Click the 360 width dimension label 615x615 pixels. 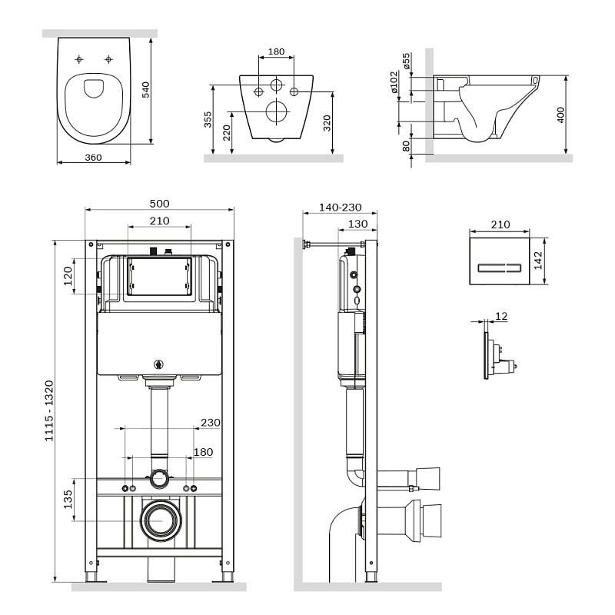(93, 157)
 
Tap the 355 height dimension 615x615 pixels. (208, 121)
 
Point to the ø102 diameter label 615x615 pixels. (394, 82)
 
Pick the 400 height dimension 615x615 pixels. (560, 114)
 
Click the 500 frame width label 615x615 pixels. (159, 204)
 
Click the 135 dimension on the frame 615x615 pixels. (69, 499)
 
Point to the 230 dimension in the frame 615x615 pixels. (209, 422)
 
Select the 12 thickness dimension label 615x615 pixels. (502, 316)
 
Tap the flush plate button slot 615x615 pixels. (500, 268)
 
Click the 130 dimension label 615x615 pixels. (357, 224)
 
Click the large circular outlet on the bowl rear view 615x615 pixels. (274, 112)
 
